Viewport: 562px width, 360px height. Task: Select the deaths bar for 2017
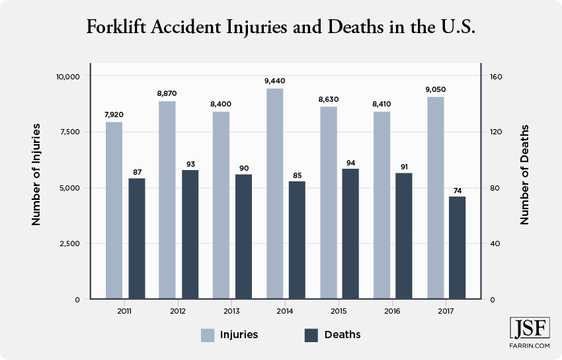pyautogui.click(x=458, y=247)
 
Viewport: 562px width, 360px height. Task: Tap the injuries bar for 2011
pyautogui.click(x=114, y=210)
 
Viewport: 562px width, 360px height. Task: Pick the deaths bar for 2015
pyautogui.click(x=350, y=234)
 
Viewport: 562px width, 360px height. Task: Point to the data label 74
pyautogui.click(x=458, y=190)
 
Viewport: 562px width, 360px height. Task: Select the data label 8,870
pyautogui.click(x=167, y=94)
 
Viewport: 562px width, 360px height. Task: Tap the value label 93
pyautogui.click(x=190, y=163)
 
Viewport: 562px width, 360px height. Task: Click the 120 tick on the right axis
pyautogui.click(x=496, y=132)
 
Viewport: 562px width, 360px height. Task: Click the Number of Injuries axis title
pyautogui.click(x=36, y=174)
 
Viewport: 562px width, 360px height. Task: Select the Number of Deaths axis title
pyautogui.click(x=525, y=174)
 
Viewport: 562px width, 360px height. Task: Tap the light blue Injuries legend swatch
pyautogui.click(x=208, y=335)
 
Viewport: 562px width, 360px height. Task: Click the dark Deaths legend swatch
pyautogui.click(x=311, y=335)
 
